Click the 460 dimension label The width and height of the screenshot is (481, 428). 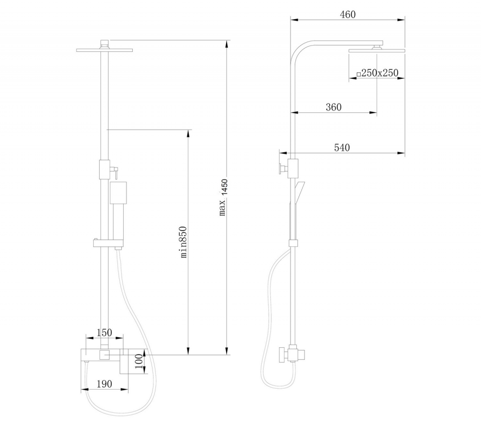tap(347, 15)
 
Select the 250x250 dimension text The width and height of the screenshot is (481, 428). tap(380, 73)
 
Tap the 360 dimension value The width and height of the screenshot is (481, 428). tap(333, 107)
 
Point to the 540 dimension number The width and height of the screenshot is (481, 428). tap(342, 148)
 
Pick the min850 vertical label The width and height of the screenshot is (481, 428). tap(183, 242)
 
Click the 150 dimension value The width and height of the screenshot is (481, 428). tap(104, 332)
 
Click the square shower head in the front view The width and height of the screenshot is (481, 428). tap(104, 50)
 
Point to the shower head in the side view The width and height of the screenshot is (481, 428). tap(377, 50)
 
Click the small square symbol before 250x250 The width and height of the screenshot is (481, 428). tap(358, 74)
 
